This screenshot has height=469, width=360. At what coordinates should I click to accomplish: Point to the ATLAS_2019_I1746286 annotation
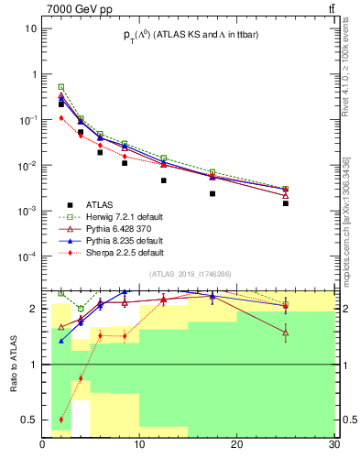pos(190,274)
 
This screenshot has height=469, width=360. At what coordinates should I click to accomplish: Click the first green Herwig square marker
pos(61,87)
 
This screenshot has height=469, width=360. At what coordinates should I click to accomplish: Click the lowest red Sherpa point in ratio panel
pos(61,420)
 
